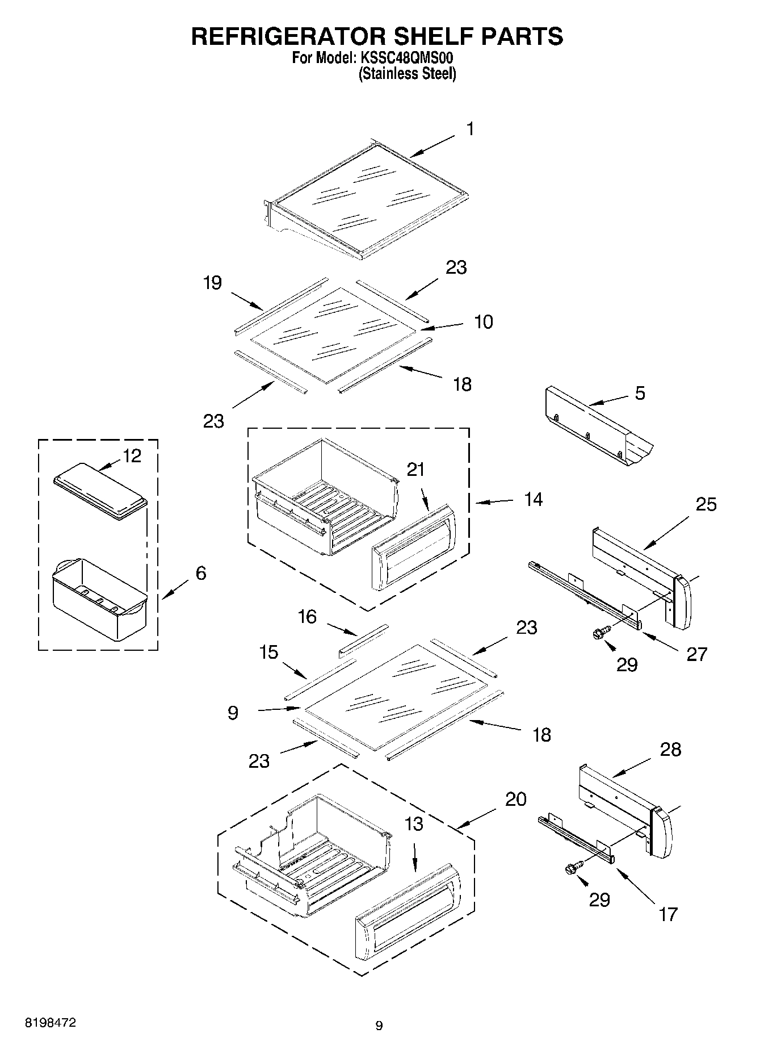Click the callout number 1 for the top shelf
[x=470, y=129]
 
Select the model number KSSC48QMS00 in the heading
[x=405, y=58]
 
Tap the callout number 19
[x=212, y=283]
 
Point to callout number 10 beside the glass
[x=483, y=322]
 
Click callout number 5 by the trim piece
[x=640, y=394]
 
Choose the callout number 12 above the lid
[x=132, y=456]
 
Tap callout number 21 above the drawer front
[x=415, y=470]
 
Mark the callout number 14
[x=533, y=500]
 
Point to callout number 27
[x=696, y=654]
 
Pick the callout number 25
[x=706, y=504]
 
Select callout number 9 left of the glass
[x=233, y=713]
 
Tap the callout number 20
[x=516, y=800]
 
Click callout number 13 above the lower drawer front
[x=414, y=824]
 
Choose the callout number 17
[x=668, y=914]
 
